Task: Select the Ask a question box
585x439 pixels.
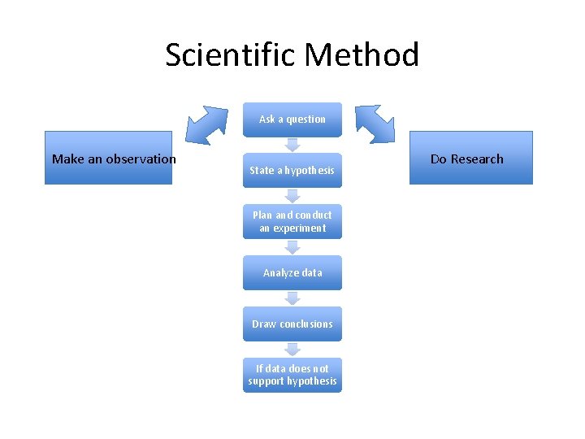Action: [292, 119]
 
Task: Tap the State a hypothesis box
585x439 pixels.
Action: [292, 170]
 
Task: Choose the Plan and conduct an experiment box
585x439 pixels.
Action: [292, 221]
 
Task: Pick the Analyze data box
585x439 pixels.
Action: [292, 272]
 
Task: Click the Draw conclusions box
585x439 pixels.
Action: [292, 324]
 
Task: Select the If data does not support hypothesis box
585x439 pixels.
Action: [292, 375]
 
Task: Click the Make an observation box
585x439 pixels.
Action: [109, 159]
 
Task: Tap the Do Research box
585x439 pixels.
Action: [470, 159]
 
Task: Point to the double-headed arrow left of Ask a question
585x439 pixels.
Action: [208, 124]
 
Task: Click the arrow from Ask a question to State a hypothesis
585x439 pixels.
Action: [292, 145]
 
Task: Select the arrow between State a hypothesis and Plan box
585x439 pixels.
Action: [292, 196]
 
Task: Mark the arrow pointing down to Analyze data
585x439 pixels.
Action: [292, 247]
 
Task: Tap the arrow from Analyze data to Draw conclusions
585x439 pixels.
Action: [292, 298]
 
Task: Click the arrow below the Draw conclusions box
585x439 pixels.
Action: [292, 350]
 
